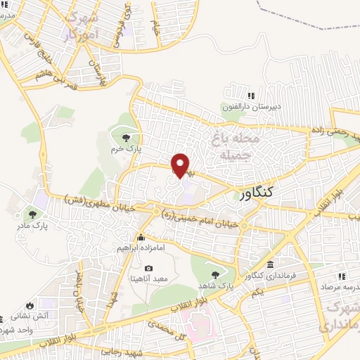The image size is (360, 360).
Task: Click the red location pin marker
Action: click(181, 165)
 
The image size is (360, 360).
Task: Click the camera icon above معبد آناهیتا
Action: click(148, 268)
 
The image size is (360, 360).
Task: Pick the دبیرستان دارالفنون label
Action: click(252, 107)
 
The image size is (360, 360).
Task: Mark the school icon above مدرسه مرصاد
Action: click(342, 276)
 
